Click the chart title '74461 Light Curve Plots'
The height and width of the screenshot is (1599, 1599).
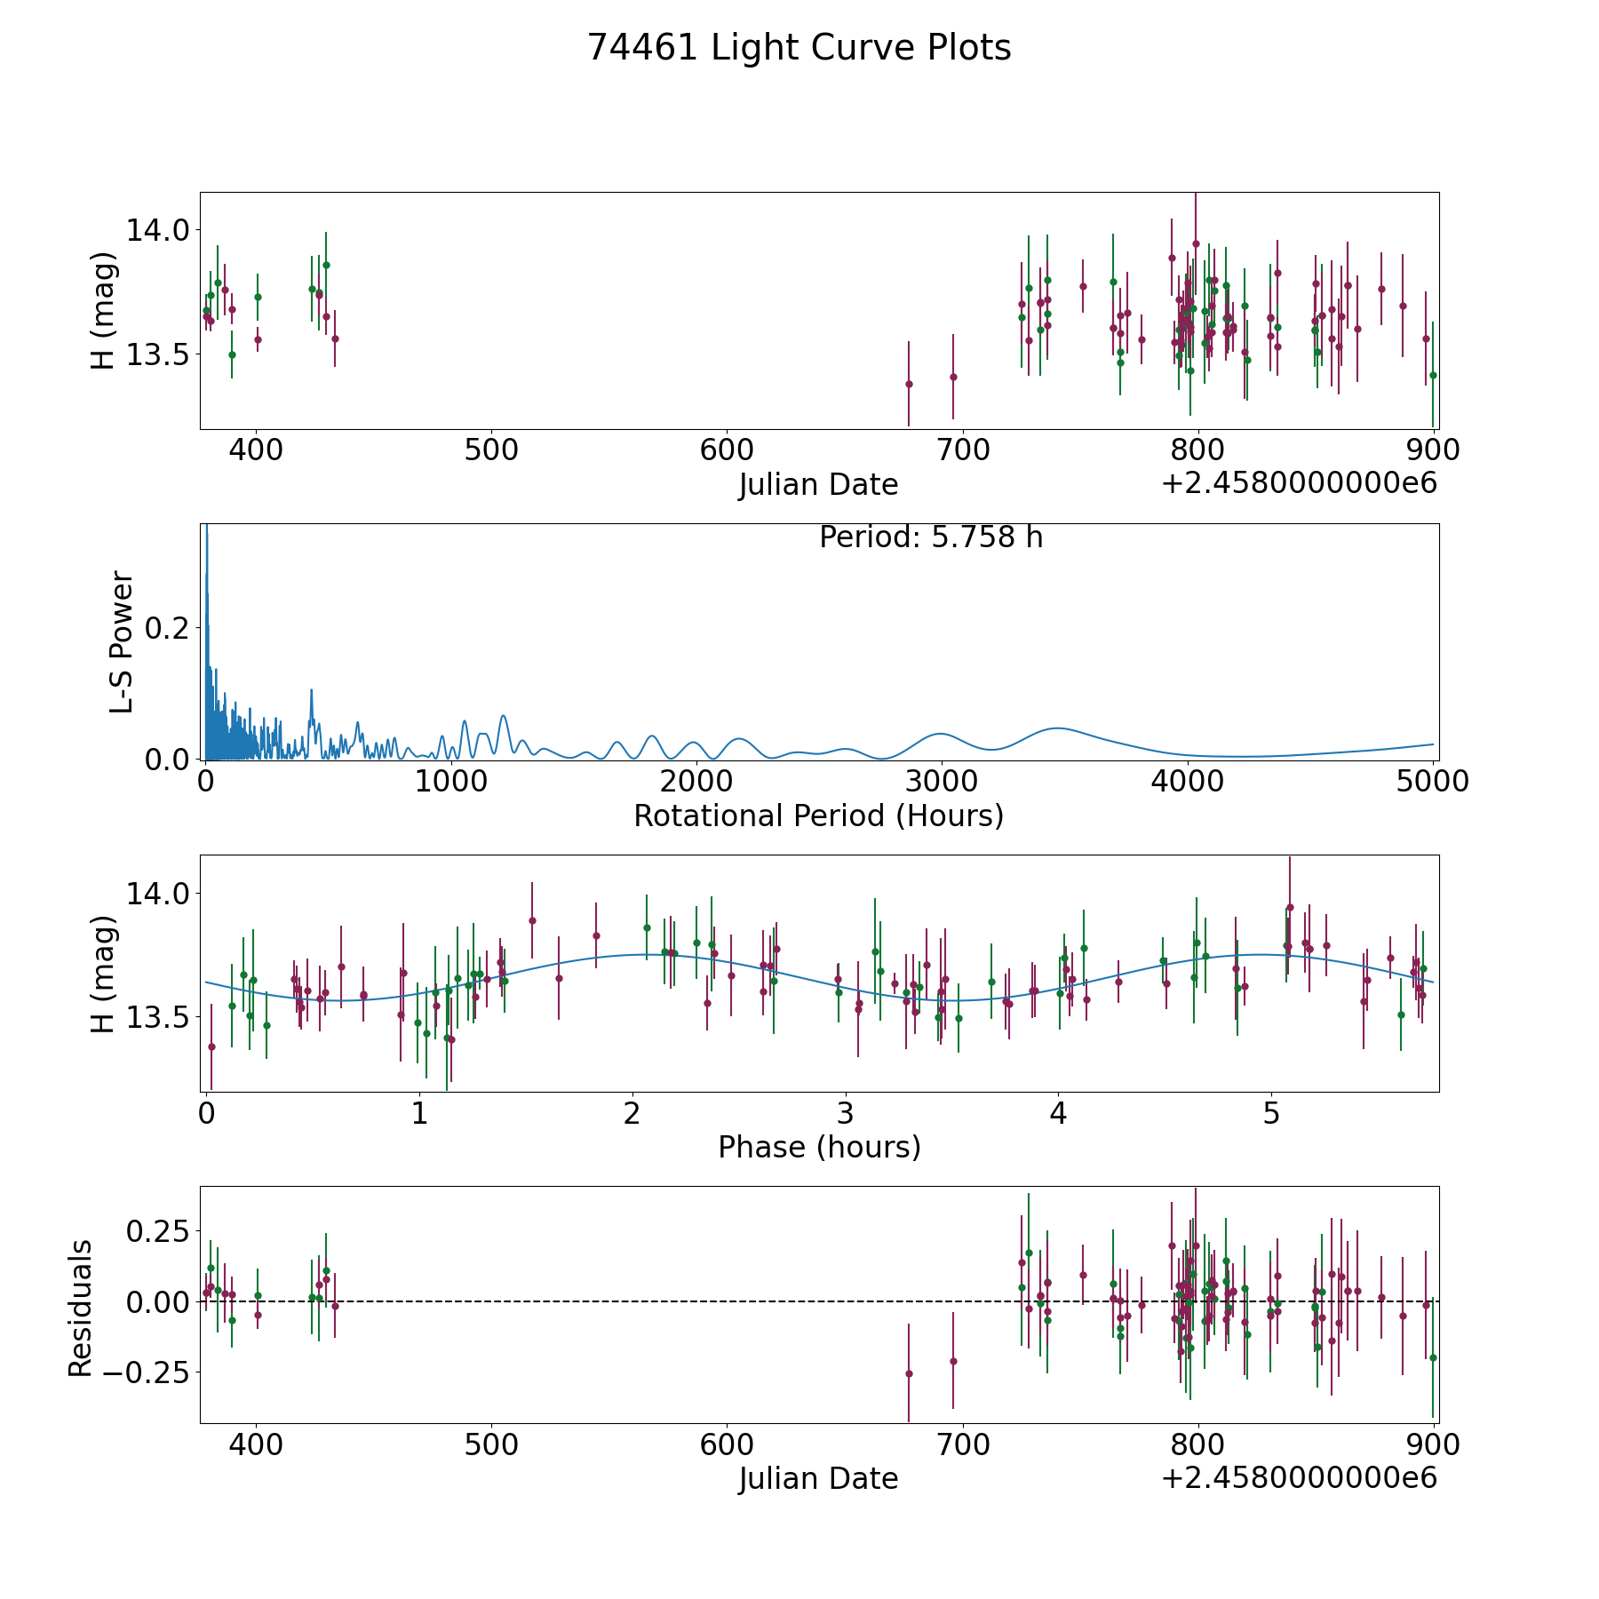(799, 48)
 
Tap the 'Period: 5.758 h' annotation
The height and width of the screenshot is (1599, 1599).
(930, 537)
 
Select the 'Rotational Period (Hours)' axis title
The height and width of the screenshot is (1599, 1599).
(818, 815)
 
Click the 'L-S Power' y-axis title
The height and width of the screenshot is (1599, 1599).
(122, 641)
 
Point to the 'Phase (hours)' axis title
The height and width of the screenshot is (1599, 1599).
(819, 1147)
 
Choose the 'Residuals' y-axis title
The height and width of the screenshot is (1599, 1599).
(81, 1308)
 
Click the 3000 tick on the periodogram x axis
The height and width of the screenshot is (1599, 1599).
(941, 782)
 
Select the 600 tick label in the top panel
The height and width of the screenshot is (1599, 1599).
(727, 450)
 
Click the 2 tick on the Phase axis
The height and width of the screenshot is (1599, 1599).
(632, 1113)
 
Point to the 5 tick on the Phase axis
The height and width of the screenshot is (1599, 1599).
(1271, 1113)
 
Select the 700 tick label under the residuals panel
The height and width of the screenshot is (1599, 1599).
(963, 1444)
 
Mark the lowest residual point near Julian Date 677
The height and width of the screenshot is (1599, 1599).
(909, 1373)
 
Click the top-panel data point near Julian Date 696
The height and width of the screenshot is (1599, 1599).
(953, 377)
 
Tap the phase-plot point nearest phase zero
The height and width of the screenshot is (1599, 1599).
(211, 1046)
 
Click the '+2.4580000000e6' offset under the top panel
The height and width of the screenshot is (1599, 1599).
(1299, 483)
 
